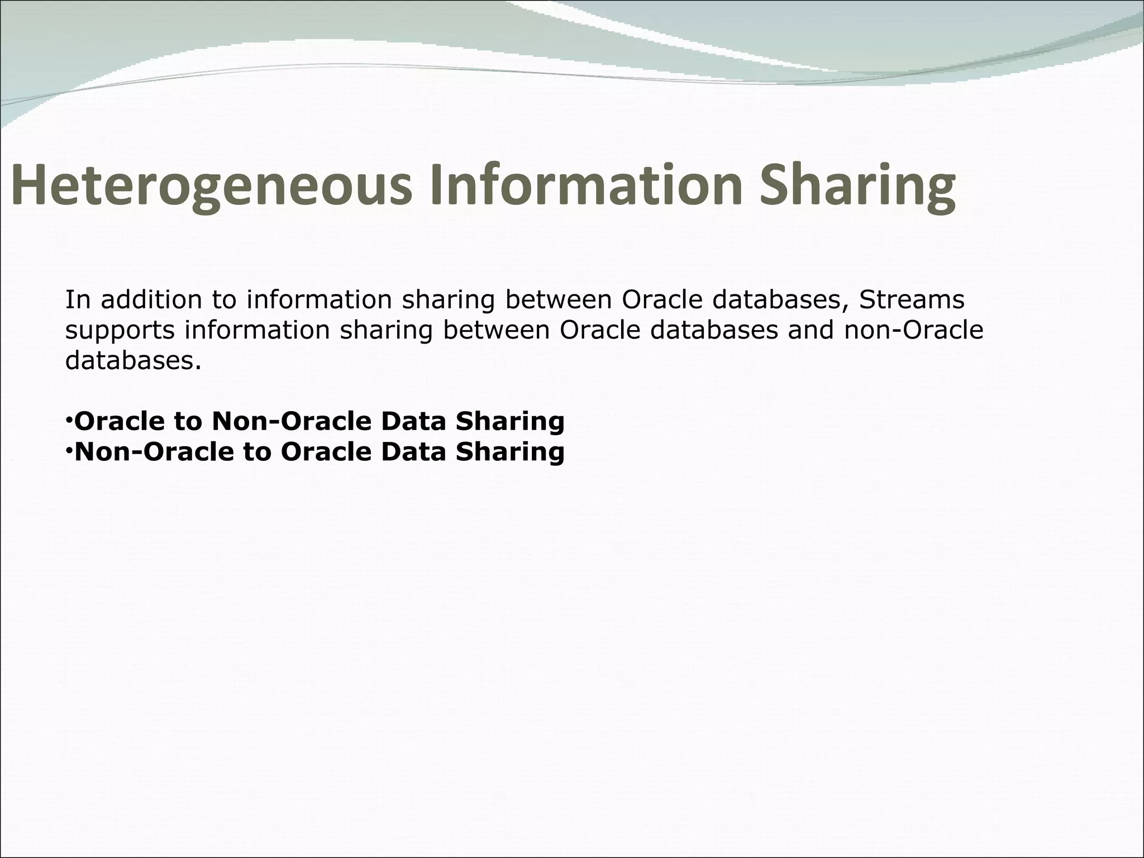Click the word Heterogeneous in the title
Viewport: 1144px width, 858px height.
[x=211, y=185]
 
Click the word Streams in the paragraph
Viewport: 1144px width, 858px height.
[x=912, y=300]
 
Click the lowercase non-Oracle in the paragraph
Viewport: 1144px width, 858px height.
[x=913, y=331]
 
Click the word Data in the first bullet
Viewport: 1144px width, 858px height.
[x=414, y=421]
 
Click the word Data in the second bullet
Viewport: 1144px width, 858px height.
[x=414, y=451]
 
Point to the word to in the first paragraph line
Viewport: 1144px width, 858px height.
[x=223, y=300]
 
